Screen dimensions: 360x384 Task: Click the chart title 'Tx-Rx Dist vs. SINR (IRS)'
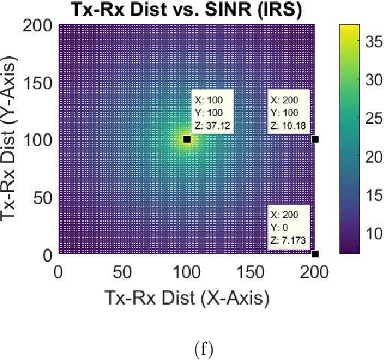(x=186, y=10)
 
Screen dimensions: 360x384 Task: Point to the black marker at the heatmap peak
(x=187, y=139)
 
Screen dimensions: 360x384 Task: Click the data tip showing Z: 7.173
(x=289, y=227)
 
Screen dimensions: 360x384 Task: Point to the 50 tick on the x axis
(x=122, y=273)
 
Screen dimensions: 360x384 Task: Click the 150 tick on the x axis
(x=251, y=273)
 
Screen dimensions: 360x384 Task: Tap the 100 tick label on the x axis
(x=187, y=273)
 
